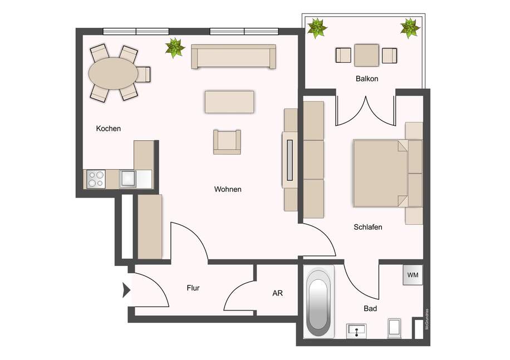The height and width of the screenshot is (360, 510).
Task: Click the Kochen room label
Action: (x=109, y=129)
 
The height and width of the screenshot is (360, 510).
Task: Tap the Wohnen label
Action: (x=228, y=189)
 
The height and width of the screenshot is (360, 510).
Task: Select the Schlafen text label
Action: (x=367, y=227)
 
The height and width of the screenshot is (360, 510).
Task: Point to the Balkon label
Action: (x=367, y=78)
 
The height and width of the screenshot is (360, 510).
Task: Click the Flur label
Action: (x=193, y=288)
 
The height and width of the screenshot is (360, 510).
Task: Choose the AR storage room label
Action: (x=277, y=293)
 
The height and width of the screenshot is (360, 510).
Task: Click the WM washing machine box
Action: (x=412, y=275)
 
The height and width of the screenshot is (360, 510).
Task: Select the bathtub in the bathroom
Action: (x=318, y=302)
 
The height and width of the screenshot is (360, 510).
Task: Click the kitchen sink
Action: (x=128, y=179)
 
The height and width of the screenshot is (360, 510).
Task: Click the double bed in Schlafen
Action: (x=381, y=172)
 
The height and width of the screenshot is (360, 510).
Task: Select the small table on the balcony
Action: (x=367, y=56)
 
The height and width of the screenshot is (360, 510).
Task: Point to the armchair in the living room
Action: (x=227, y=141)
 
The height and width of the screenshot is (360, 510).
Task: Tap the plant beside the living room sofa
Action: (x=175, y=48)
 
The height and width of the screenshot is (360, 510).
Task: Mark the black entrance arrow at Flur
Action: (x=126, y=290)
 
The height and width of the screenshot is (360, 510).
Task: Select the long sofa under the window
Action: (x=233, y=57)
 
